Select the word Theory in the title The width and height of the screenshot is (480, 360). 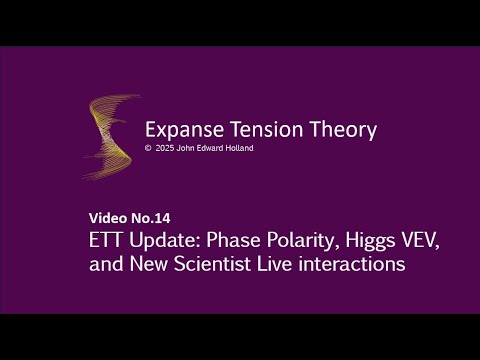(x=327, y=129)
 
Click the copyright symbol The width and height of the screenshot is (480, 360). (x=148, y=148)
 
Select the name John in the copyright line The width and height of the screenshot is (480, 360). (x=185, y=148)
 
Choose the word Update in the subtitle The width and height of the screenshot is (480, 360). (x=161, y=242)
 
